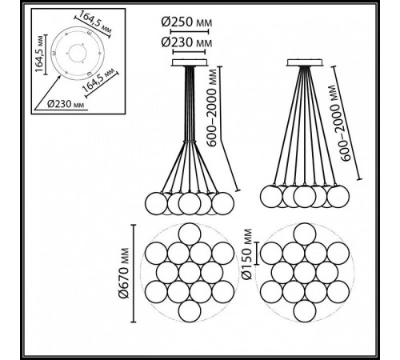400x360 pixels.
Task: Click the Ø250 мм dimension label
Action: tap(186, 22)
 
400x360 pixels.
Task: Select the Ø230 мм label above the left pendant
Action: tap(186, 42)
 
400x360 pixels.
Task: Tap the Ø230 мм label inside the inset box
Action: tap(66, 104)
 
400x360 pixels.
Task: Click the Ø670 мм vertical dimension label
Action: tap(124, 273)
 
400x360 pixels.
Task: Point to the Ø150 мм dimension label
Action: tap(247, 254)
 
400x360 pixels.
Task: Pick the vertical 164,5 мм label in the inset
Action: tap(39, 53)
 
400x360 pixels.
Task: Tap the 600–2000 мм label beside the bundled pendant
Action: tap(213, 108)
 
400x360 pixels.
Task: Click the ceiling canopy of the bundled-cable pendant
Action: tap(190, 62)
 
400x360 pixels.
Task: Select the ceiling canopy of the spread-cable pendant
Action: tap(305, 62)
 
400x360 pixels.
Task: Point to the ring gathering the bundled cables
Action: tap(190, 141)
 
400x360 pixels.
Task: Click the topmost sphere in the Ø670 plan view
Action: tap(190, 234)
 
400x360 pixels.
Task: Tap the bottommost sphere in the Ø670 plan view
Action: tap(190, 311)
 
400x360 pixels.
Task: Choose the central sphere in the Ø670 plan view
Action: tap(190, 273)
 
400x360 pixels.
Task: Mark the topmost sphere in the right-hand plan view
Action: tap(305, 234)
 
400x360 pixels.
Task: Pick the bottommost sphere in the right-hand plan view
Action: tap(305, 311)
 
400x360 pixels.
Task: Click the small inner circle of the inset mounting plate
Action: tap(78, 53)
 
